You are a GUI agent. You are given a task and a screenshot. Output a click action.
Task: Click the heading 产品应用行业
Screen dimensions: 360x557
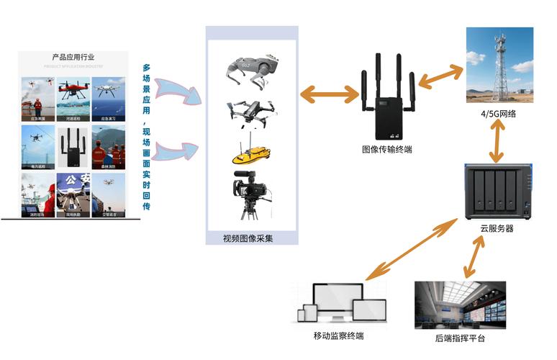click(x=73, y=57)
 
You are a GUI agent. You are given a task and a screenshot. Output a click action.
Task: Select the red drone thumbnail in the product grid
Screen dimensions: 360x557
click(x=73, y=94)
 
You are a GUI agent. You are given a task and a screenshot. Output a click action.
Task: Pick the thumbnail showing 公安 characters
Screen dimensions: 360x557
click(x=73, y=193)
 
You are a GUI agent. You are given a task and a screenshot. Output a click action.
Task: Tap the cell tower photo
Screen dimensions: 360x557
click(x=499, y=65)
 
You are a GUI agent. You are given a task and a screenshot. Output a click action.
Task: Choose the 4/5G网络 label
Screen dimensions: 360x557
click(x=499, y=113)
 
